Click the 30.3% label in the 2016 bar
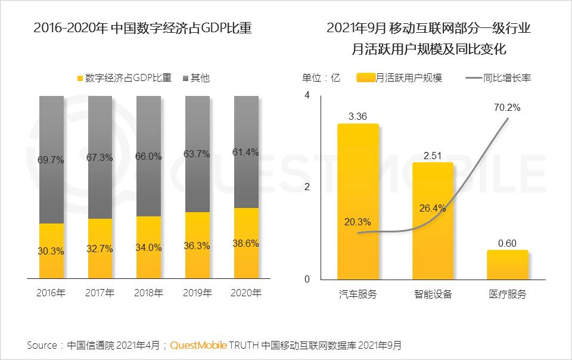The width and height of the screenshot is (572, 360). (51, 251)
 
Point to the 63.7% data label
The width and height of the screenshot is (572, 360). (197, 154)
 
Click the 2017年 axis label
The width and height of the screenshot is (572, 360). (100, 293)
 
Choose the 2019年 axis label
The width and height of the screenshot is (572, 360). (197, 293)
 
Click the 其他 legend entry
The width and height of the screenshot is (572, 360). (195, 78)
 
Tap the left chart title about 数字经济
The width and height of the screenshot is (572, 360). (142, 28)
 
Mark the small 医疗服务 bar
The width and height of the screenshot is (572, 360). (507, 265)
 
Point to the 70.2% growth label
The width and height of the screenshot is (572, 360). (507, 108)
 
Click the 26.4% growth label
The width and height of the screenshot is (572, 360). (433, 208)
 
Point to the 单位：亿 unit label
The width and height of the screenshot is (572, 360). (321, 78)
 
